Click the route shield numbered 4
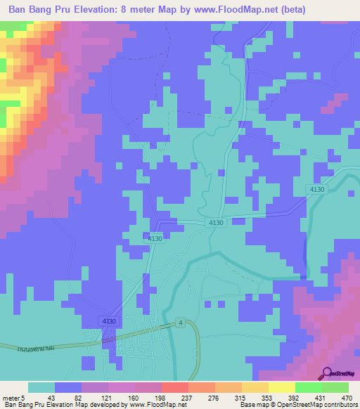pyautogui.click(x=181, y=323)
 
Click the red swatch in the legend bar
pyautogui.click(x=174, y=387)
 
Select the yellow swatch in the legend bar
pyautogui.click(x=281, y=387)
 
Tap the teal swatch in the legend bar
pyautogui.click(x=41, y=387)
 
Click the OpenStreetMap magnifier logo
pyautogui.click(x=327, y=372)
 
